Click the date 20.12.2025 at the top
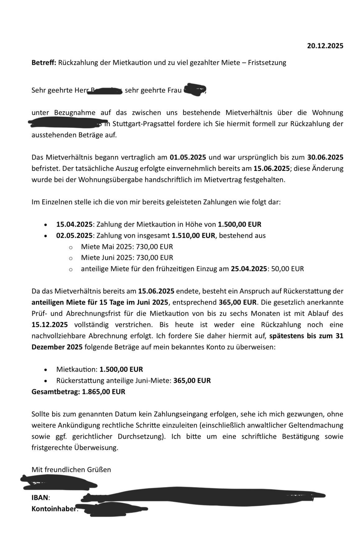pyautogui.click(x=325, y=46)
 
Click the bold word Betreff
pyautogui.click(x=43, y=63)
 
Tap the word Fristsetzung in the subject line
pyautogui.click(x=267, y=63)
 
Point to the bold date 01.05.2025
pyautogui.click(x=188, y=157)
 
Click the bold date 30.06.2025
pyautogui.click(x=325, y=157)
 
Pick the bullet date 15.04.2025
pyautogui.click(x=74, y=224)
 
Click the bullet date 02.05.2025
pyautogui.click(x=74, y=235)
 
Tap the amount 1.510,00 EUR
pyautogui.click(x=193, y=235)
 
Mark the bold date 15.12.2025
pyautogui.click(x=50, y=325)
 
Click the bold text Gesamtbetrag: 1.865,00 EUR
pyautogui.click(x=78, y=392)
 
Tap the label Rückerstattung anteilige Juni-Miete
pyautogui.click(x=114, y=381)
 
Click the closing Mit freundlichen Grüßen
pyautogui.click(x=71, y=470)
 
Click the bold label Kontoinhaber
pyautogui.click(x=54, y=509)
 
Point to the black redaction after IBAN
pyautogui.click(x=202, y=497)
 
